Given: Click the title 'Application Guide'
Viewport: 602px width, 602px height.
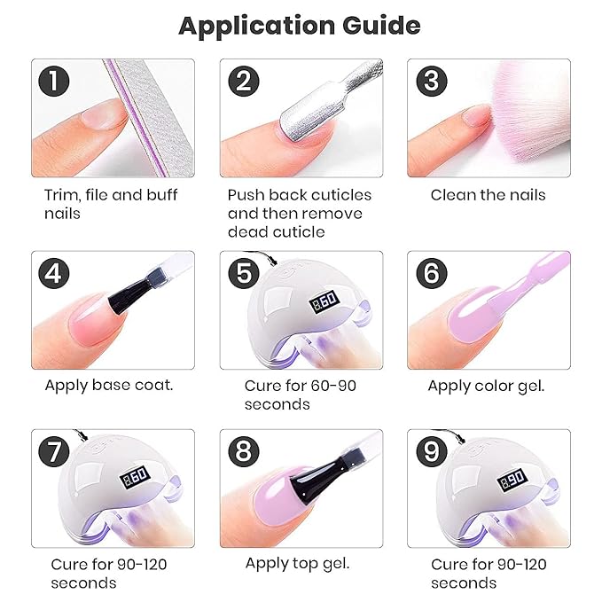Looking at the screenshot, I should (300, 25).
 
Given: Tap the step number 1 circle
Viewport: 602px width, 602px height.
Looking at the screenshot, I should (55, 82).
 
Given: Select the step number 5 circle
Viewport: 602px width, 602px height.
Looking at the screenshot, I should (242, 273).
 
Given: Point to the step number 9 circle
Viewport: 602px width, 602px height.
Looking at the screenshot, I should (431, 453).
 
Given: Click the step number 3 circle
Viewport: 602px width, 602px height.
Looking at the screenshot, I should (431, 82).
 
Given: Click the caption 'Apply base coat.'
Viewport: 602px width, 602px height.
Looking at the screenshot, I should (109, 386).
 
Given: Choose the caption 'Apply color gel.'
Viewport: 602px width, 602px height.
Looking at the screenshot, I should (486, 386).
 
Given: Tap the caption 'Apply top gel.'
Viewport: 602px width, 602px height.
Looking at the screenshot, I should (297, 564).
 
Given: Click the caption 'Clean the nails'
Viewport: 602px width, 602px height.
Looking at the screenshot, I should (488, 195).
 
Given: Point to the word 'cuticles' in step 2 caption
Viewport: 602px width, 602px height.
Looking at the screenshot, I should (337, 195).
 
